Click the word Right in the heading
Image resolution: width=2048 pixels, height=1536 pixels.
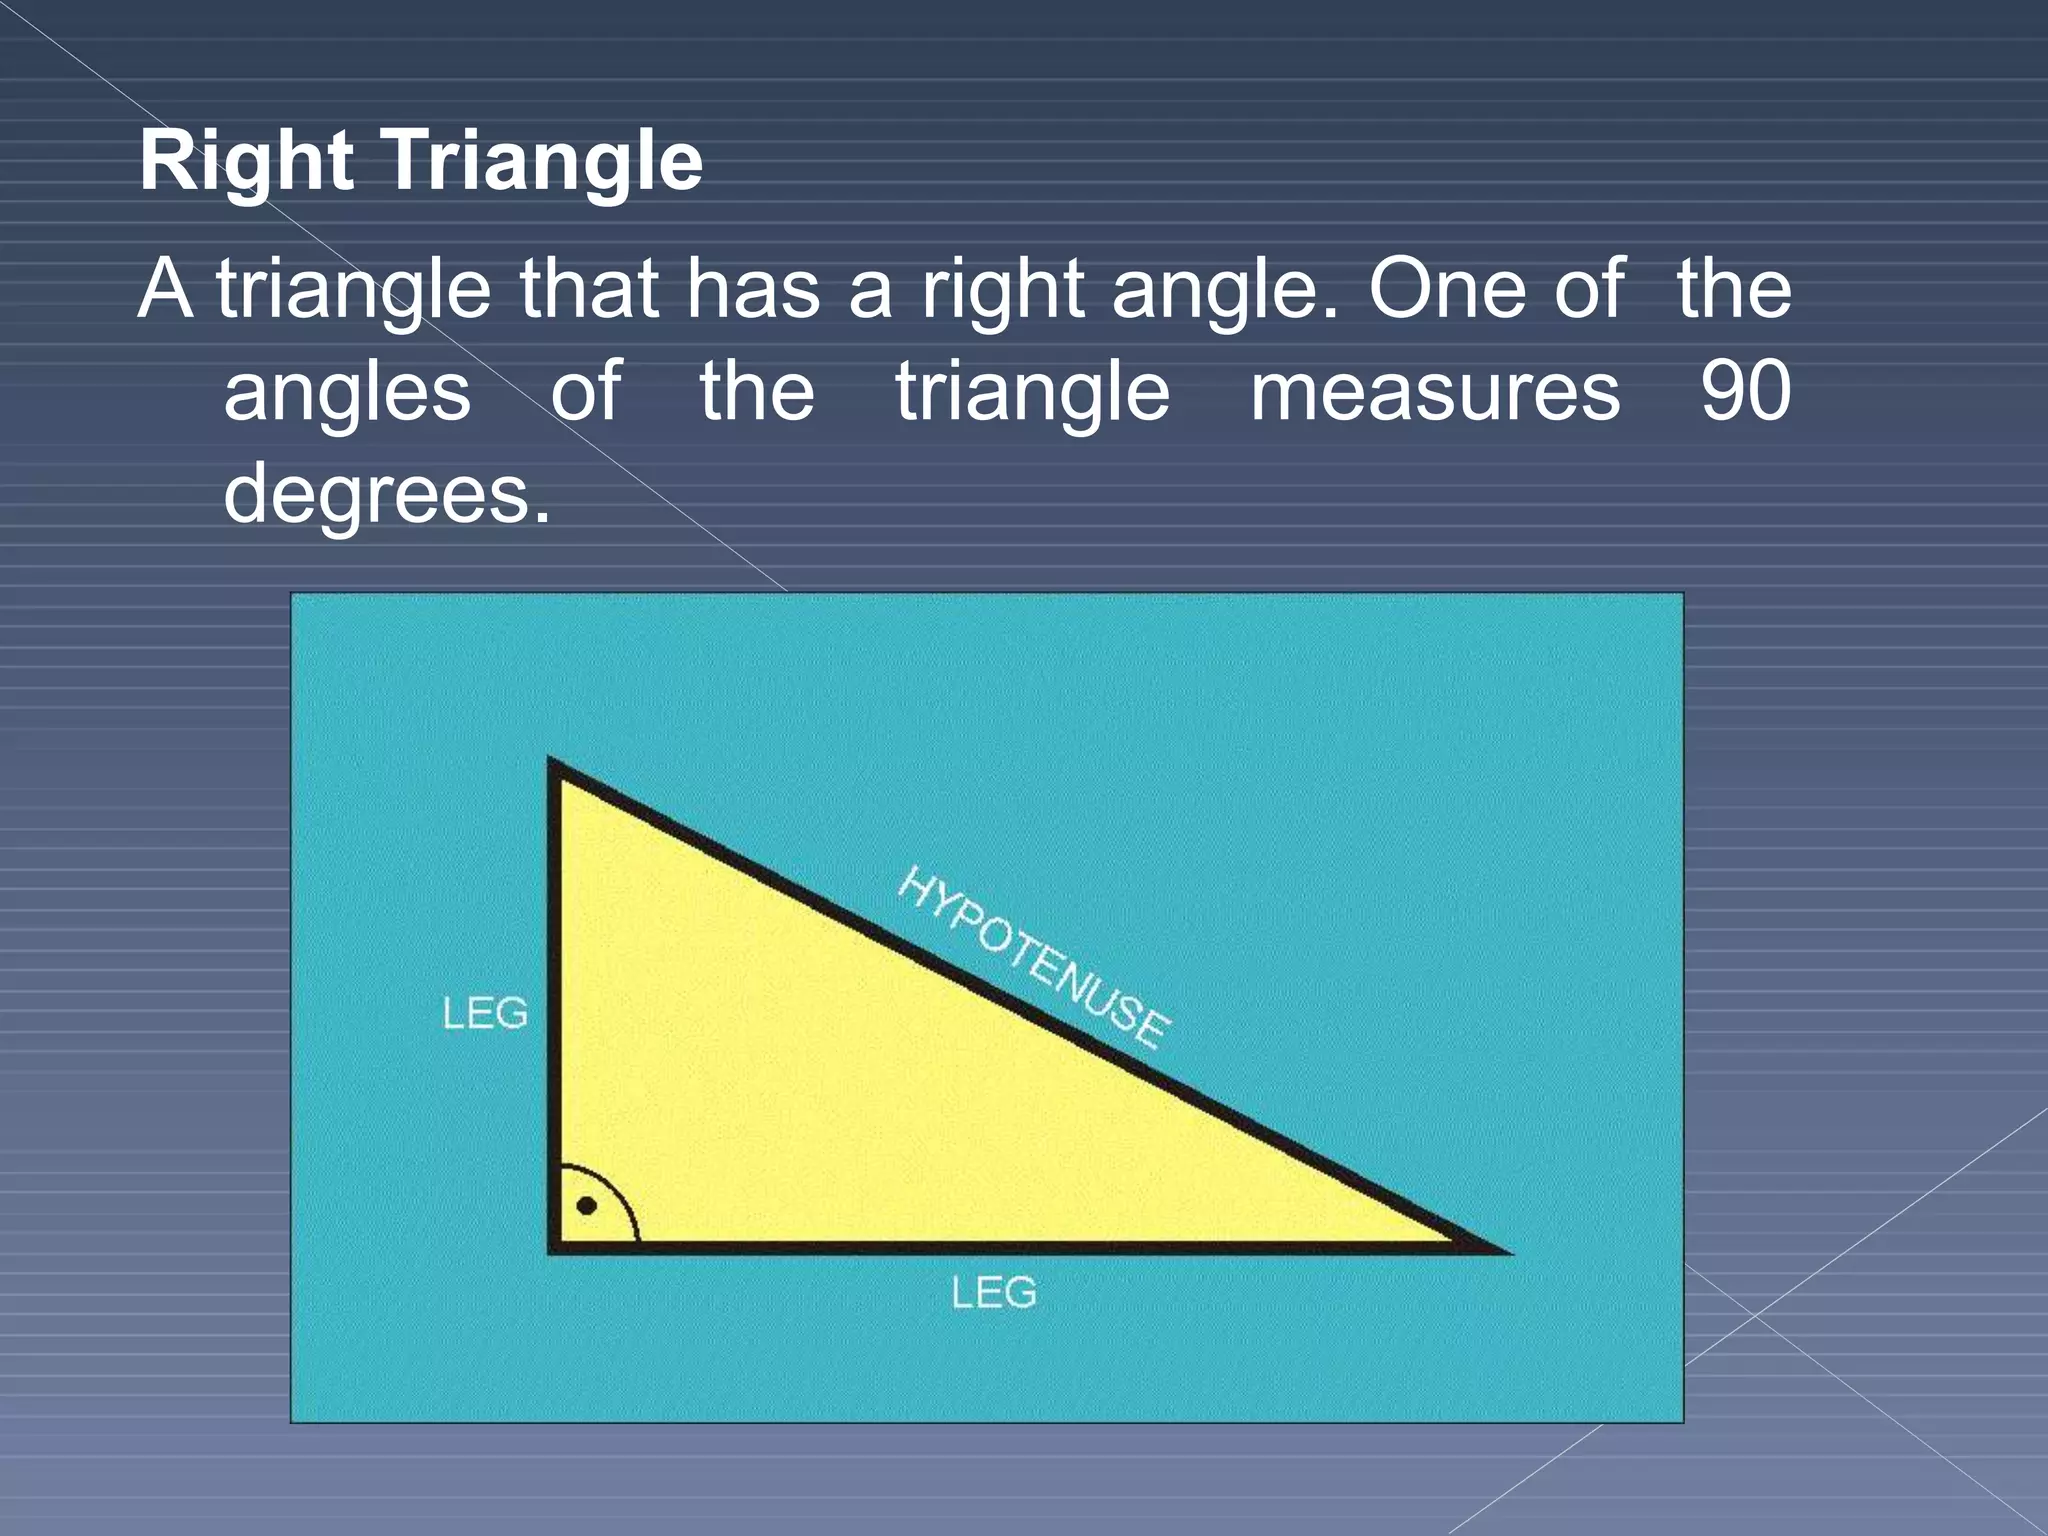pos(246,161)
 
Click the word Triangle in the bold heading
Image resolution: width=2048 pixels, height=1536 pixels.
pos(545,161)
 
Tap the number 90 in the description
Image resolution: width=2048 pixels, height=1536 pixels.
pos(1745,392)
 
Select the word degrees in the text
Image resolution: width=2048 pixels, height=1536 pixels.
pos(387,494)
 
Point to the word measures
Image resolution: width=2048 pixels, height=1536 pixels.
pos(1435,392)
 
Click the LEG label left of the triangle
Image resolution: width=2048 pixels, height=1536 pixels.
pos(485,1014)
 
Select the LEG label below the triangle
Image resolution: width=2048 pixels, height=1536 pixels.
pos(993,1293)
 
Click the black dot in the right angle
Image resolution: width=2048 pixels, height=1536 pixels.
pos(587,1206)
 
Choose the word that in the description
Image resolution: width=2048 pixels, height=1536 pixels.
pos(587,290)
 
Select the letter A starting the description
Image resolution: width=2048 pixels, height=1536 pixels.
pos(165,290)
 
